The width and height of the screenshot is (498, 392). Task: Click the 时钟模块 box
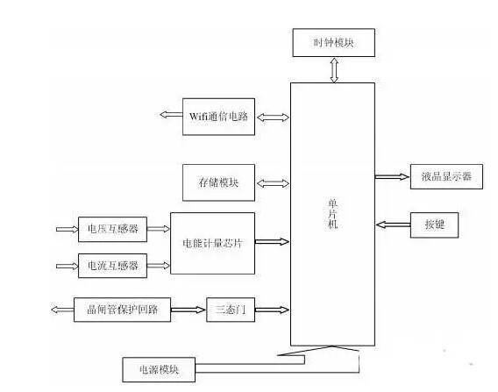tap(334, 40)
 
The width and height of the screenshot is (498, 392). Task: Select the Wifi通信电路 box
tap(219, 117)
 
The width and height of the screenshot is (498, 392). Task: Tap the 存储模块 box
tap(219, 183)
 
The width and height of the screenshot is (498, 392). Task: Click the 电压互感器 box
tap(110, 230)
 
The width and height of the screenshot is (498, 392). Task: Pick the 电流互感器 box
tap(110, 265)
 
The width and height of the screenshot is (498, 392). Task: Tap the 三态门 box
tap(230, 309)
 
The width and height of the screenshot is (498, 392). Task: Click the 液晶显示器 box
tap(446, 176)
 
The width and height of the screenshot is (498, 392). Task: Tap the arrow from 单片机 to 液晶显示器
tap(392, 176)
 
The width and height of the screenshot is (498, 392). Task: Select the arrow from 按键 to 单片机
tap(392, 225)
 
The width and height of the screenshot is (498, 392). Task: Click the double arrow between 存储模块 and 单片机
tap(273, 183)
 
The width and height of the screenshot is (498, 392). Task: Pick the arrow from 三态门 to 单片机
tap(273, 309)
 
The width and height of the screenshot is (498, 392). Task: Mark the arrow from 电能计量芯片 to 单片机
tap(273, 241)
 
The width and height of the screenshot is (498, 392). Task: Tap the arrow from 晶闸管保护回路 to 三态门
tap(189, 309)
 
